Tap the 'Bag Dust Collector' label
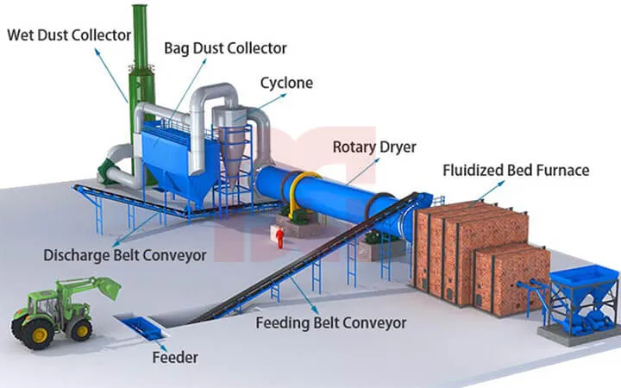click(x=225, y=47)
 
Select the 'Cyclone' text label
click(x=286, y=83)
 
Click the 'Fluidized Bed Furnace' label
click(x=516, y=170)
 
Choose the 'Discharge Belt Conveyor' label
click(x=125, y=255)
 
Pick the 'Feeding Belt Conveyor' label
click(x=330, y=323)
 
